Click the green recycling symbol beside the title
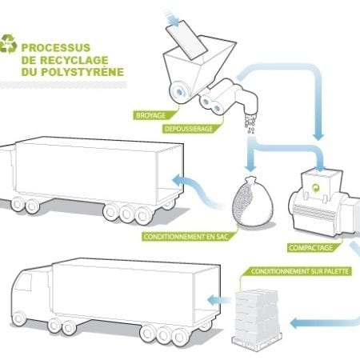pos(8,43)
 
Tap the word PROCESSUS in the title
pos(56,48)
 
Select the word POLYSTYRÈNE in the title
pos(82,71)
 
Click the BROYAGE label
pos(151,115)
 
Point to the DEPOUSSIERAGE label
pos(189,129)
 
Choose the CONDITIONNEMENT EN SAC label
pos(186,237)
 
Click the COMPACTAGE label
pos(311,248)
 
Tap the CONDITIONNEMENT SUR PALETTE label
pos(300,271)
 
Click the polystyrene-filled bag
pos(252,202)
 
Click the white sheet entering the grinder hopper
pos(186,39)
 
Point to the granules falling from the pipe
pos(250,123)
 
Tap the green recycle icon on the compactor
pos(316,188)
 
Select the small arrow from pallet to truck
pos(218,300)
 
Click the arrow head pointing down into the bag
pos(250,168)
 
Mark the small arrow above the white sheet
pos(172,18)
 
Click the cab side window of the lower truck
pos(23,282)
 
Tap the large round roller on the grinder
pos(180,92)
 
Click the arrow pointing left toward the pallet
pos(324,323)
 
